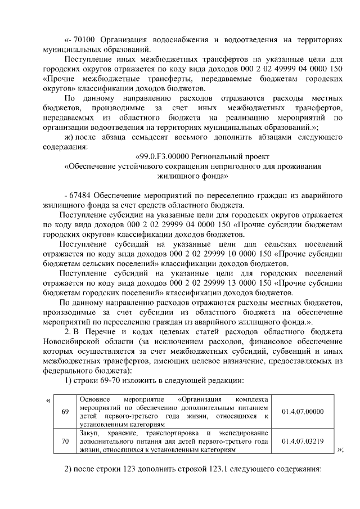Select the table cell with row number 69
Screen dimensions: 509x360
coord(65,411)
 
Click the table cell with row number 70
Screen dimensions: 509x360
coord(65,442)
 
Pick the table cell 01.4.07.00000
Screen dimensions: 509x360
coord(303,411)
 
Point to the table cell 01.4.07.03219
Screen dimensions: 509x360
coord(303,442)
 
